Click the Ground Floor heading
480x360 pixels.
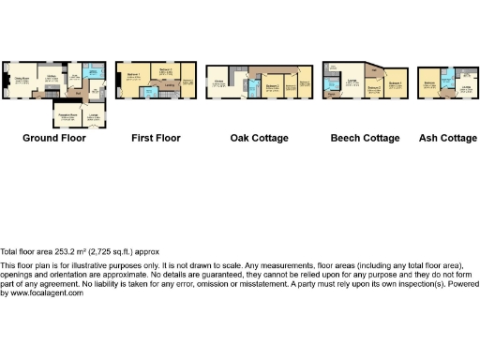click(x=53, y=138)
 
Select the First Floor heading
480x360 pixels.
click(x=155, y=138)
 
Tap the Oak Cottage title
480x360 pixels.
click(x=259, y=138)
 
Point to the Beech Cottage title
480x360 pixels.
click(x=365, y=138)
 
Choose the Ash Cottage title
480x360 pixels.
click(x=446, y=138)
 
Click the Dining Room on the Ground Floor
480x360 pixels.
click(x=18, y=82)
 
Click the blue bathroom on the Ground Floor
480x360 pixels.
click(x=95, y=71)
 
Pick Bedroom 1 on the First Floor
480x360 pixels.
click(x=131, y=77)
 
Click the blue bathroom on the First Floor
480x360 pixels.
click(x=151, y=92)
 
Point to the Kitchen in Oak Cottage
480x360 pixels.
click(x=218, y=84)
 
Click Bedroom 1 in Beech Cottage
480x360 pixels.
click(x=396, y=83)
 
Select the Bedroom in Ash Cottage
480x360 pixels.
click(x=430, y=85)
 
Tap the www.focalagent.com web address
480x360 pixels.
click(x=41, y=293)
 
